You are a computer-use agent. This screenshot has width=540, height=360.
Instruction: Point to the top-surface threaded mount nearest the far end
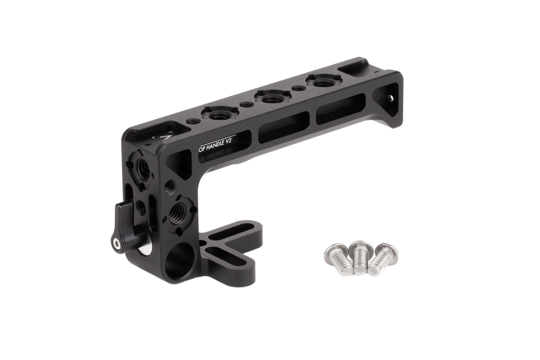pos(321,83)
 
